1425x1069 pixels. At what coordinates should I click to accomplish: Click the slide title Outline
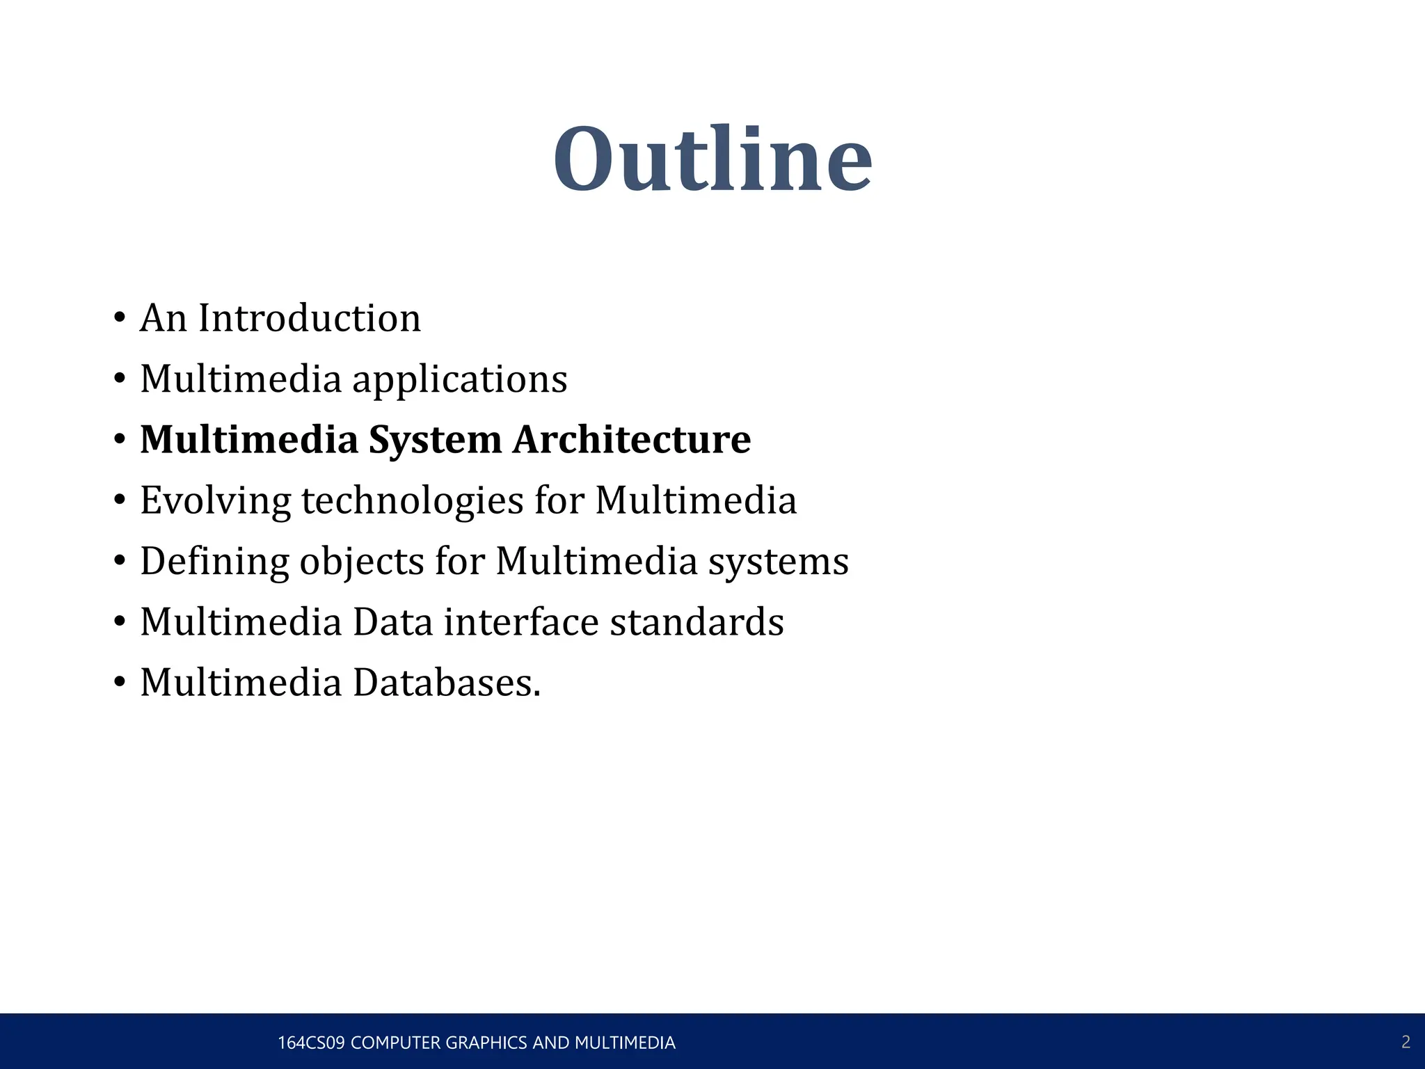712,160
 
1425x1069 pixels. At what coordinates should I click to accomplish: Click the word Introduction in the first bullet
310,318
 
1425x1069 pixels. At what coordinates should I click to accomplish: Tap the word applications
460,381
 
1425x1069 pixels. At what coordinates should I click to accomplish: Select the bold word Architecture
632,440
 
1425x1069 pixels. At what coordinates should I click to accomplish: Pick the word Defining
214,562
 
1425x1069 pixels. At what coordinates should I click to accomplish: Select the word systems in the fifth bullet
778,562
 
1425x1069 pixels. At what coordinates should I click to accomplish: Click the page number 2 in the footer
1406,1042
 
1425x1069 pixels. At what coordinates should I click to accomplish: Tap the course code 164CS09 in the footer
311,1043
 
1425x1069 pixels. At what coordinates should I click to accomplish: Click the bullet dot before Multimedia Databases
120,683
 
